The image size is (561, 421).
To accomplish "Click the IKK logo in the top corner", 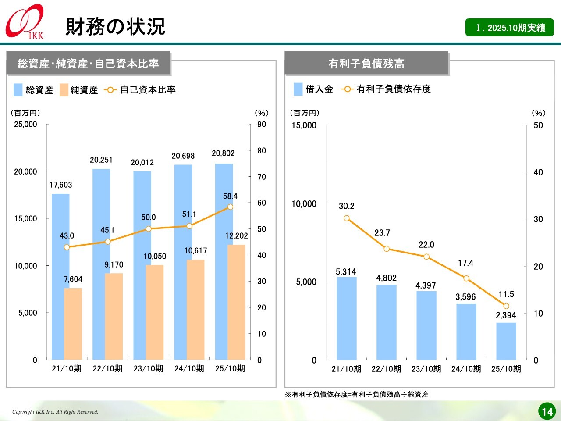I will pyautogui.click(x=25, y=21).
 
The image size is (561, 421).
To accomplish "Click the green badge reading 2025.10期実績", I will pyautogui.click(x=509, y=28).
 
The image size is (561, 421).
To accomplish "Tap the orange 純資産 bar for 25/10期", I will pyautogui.click(x=236, y=303).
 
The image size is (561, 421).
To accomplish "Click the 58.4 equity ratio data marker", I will pyautogui.click(x=230, y=207).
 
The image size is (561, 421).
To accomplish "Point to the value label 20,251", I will pyautogui.click(x=101, y=160).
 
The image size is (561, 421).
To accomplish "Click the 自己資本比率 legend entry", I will pyautogui.click(x=140, y=90).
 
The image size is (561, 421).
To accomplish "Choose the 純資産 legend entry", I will pyautogui.click(x=79, y=90).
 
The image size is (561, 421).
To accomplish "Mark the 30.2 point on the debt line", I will pyautogui.click(x=347, y=218).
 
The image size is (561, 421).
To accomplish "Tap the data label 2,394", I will pyautogui.click(x=506, y=315).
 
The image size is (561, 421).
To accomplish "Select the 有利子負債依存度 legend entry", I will pyautogui.click(x=386, y=89).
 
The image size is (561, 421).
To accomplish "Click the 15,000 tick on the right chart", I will pyautogui.click(x=304, y=125).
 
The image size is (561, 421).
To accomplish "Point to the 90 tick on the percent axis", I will pyautogui.click(x=262, y=125).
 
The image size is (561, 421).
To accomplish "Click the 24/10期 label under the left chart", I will pyautogui.click(x=189, y=369).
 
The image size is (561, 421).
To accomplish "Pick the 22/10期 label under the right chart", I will pyautogui.click(x=386, y=369).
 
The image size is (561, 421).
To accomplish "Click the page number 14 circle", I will pyautogui.click(x=547, y=411).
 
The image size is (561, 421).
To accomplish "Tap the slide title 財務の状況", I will pyautogui.click(x=115, y=27).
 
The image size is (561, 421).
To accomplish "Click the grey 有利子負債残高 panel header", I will pyautogui.click(x=366, y=64).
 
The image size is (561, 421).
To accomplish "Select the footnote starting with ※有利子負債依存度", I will pyautogui.click(x=357, y=395).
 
